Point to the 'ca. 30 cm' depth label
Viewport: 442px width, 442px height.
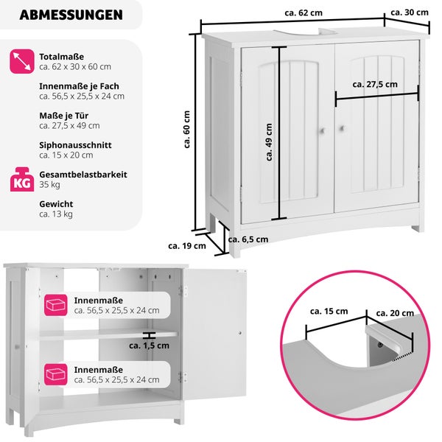[409, 13]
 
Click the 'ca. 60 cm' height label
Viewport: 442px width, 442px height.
[187, 132]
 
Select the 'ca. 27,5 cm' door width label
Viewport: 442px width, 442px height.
[374, 84]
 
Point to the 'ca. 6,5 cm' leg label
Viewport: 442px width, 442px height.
[248, 239]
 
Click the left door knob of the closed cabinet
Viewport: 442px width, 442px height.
[322, 130]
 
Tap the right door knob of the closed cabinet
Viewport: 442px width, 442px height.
[342, 130]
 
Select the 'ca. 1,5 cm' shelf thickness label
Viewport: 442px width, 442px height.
[149, 345]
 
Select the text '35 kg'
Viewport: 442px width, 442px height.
[49, 184]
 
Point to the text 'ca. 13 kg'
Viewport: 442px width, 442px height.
[56, 214]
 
